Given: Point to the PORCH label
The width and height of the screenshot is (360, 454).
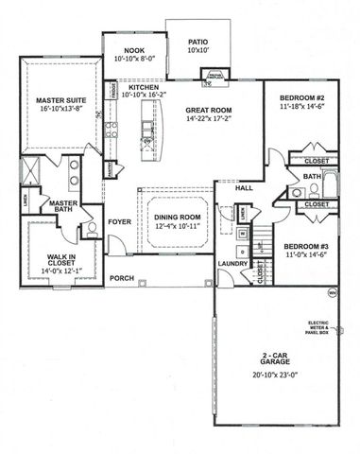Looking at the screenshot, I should (x=121, y=279).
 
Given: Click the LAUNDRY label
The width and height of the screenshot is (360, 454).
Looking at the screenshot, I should (x=231, y=264).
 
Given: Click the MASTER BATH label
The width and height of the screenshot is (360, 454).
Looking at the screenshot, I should (x=63, y=205).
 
